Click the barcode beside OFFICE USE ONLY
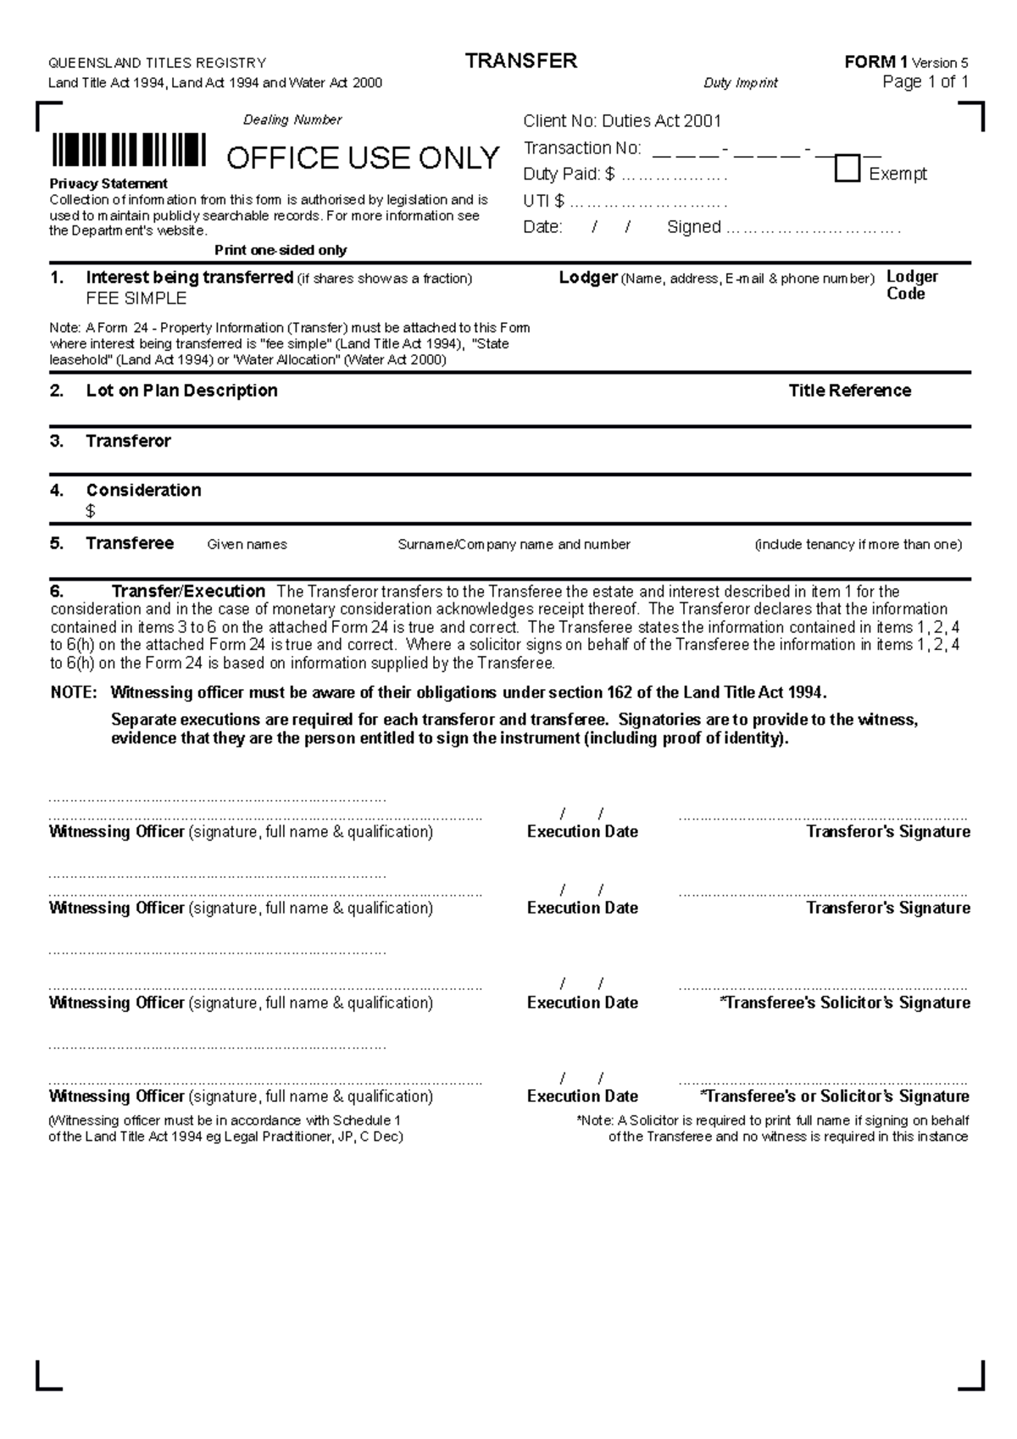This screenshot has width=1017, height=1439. tap(128, 150)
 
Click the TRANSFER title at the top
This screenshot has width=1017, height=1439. tap(521, 61)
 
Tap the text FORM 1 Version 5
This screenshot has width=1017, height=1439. tap(906, 62)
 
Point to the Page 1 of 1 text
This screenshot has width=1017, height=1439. tap(925, 82)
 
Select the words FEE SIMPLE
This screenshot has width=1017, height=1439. tap(136, 298)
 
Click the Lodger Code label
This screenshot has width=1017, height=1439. tap(911, 285)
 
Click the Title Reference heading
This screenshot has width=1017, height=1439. tap(849, 391)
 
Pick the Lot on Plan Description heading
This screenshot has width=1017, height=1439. tap(181, 391)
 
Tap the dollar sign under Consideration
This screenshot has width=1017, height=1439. tap(91, 511)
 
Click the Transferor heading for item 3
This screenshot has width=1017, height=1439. tap(128, 441)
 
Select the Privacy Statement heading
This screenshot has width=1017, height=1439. tap(108, 183)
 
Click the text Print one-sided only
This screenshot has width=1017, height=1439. tap(281, 250)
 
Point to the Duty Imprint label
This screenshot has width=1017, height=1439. tap(740, 83)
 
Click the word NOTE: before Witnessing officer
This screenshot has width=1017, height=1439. tap(74, 692)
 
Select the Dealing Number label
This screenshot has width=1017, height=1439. tap(292, 119)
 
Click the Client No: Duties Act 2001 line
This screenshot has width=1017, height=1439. tap(621, 121)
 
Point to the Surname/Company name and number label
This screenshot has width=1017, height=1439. tap(514, 544)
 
